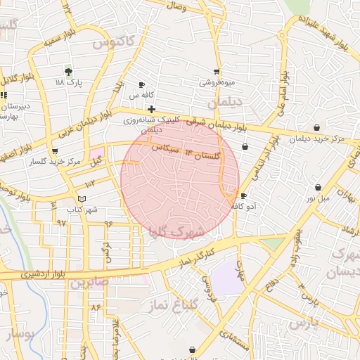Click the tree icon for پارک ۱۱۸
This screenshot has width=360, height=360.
(x=68, y=72)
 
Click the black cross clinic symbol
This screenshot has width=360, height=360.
(x=151, y=109)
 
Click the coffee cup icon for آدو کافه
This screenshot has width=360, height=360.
(x=243, y=195)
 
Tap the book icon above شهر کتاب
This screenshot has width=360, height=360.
(x=82, y=200)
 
